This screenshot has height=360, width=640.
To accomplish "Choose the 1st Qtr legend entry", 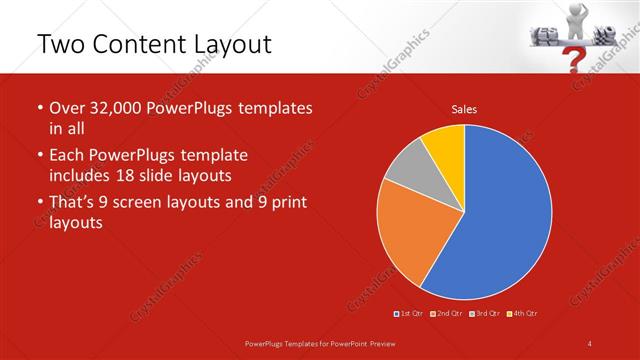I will point(409,313).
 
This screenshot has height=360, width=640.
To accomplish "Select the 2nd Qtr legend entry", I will point(446,313).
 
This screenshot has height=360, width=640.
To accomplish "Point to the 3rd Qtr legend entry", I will point(483,313).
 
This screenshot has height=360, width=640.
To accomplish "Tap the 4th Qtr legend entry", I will point(522,313).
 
